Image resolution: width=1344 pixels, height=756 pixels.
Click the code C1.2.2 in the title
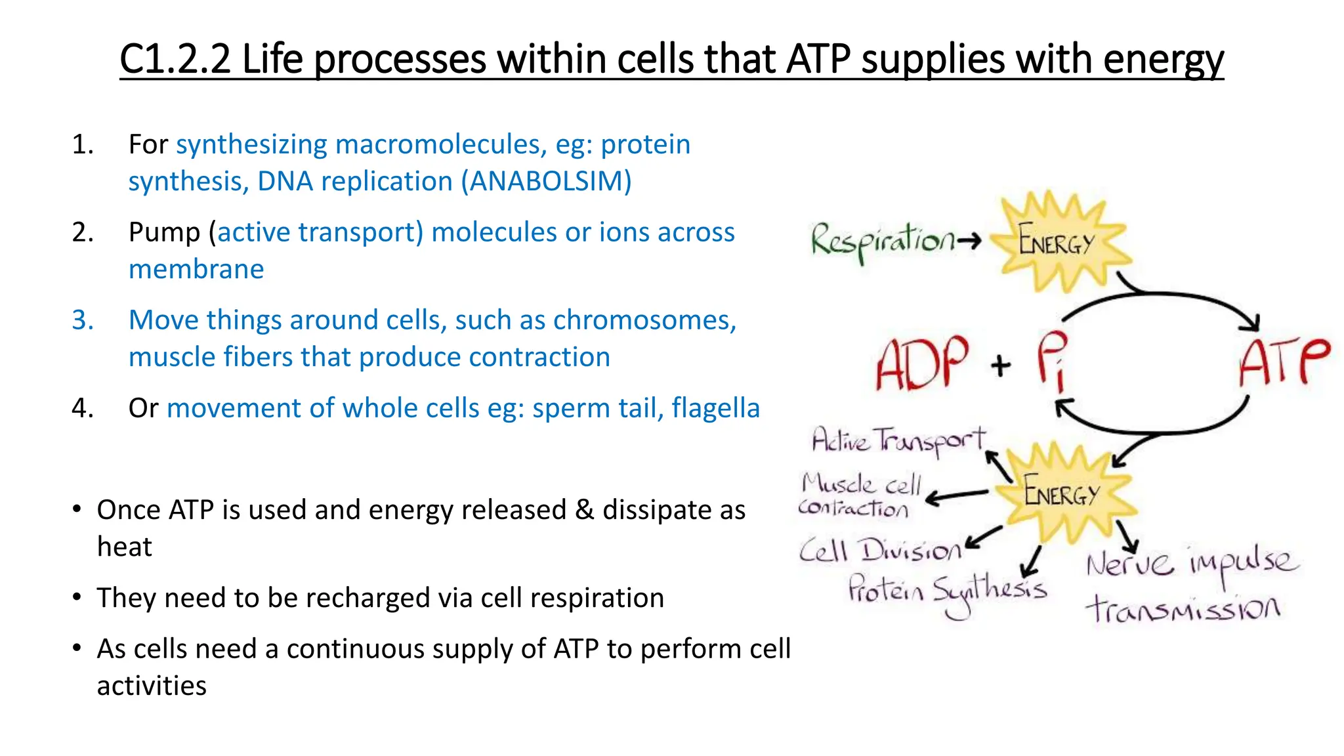[175, 59]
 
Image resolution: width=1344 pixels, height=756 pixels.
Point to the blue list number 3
[83, 320]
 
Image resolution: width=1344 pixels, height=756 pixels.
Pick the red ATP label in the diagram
[1284, 362]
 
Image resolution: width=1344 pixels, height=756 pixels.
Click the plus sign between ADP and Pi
[1001, 365]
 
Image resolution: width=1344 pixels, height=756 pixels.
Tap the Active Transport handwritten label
[898, 441]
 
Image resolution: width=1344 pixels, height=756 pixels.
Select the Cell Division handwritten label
[879, 550]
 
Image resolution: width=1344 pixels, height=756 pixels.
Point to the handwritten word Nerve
[1129, 563]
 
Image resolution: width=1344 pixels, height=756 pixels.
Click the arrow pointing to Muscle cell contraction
[957, 496]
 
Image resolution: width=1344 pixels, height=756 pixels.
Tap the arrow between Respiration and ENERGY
[969, 241]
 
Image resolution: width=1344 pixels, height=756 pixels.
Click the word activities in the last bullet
[152, 686]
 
